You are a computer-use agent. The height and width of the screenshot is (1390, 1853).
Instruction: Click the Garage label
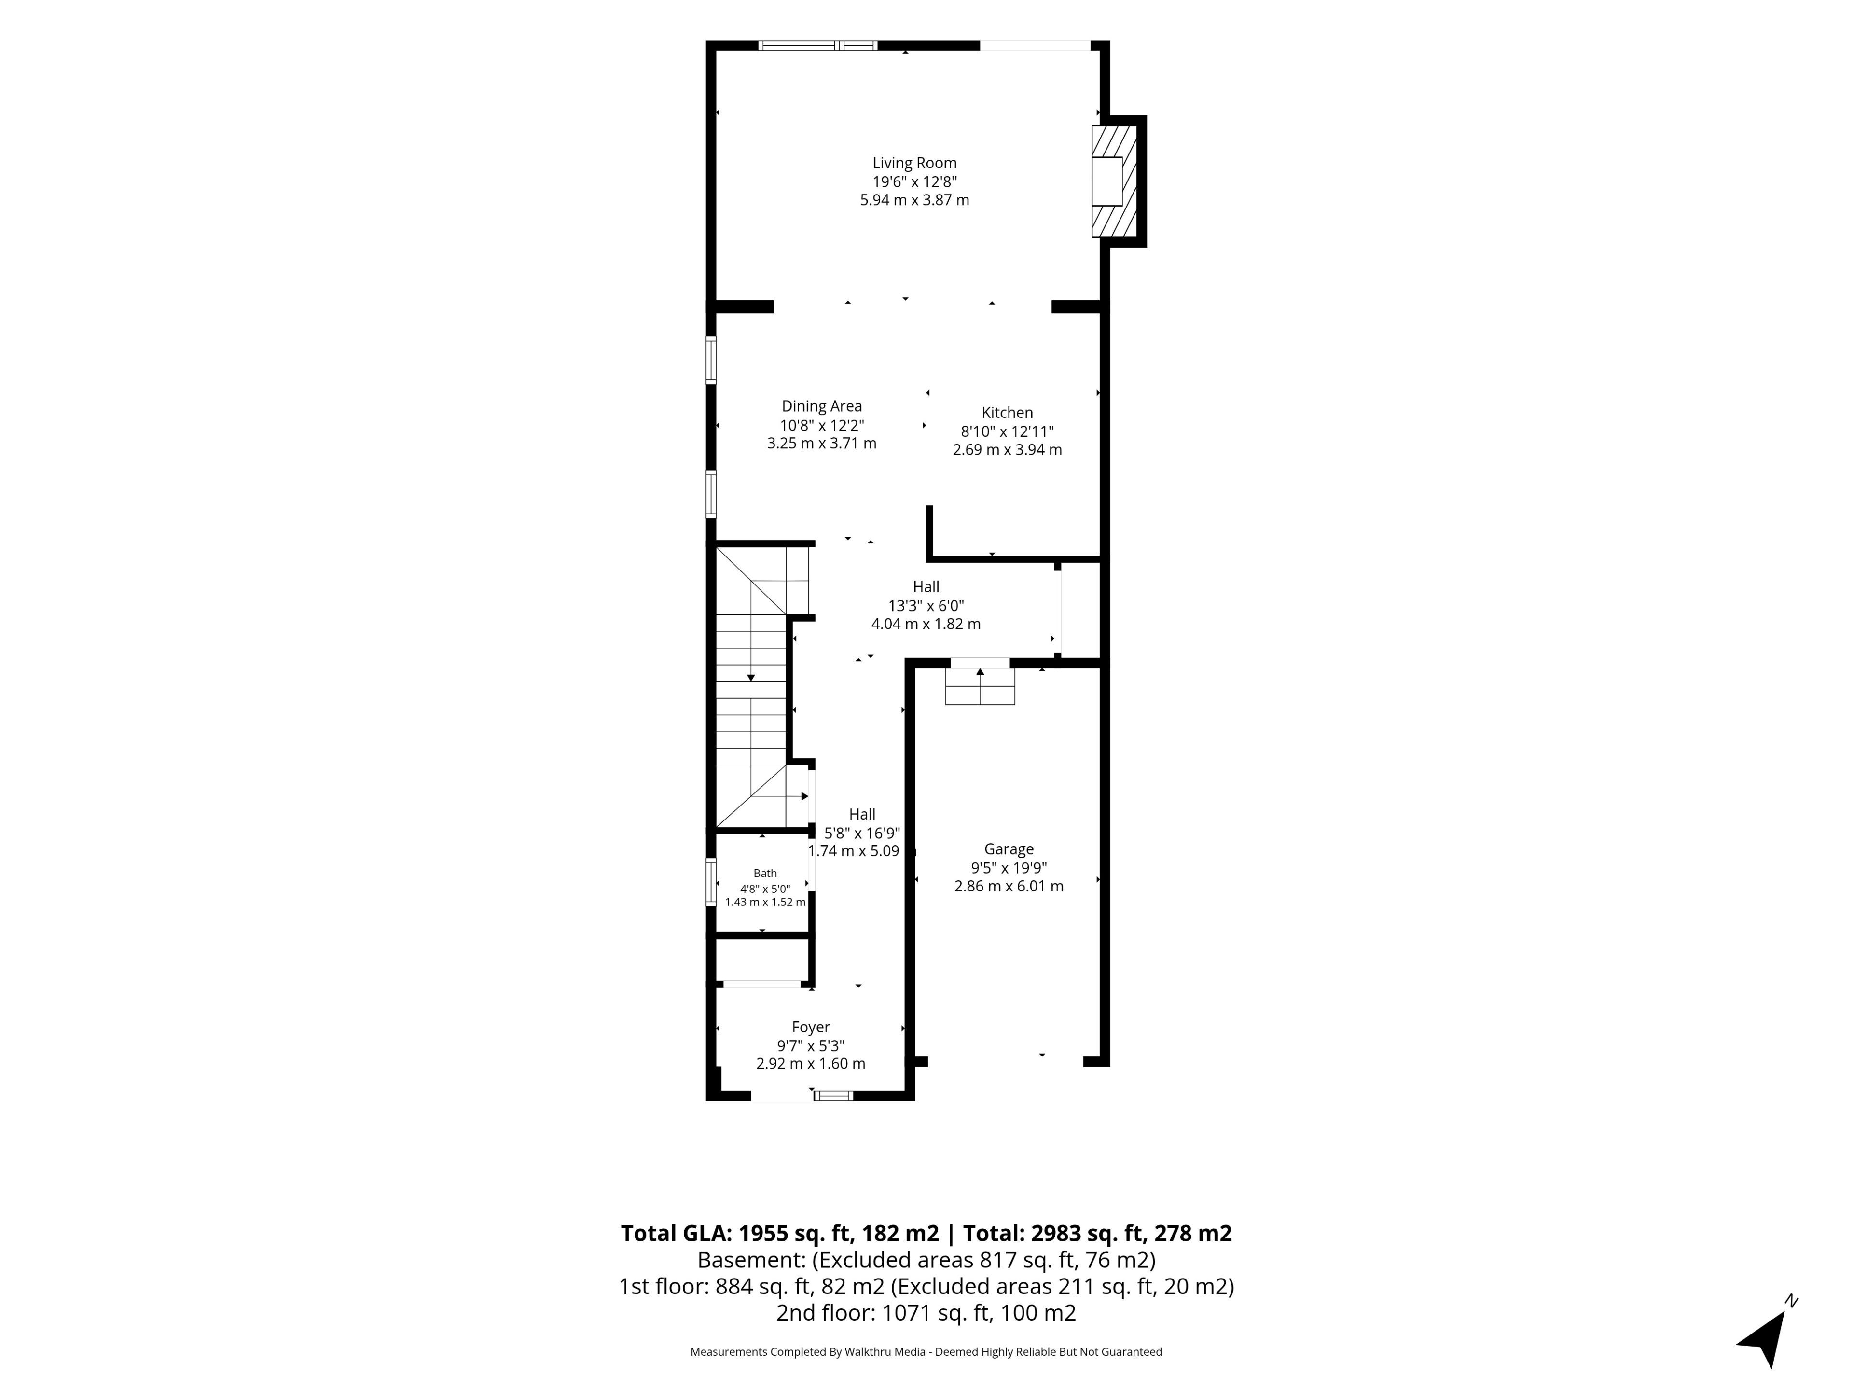[x=1009, y=849]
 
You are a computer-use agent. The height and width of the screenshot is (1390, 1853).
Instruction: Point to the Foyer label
[x=811, y=1027]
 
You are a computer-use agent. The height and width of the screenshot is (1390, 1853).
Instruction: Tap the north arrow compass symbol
[x=1766, y=1334]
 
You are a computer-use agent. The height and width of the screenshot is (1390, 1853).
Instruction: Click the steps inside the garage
[x=980, y=686]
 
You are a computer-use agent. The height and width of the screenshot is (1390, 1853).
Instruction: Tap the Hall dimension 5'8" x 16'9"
[x=862, y=833]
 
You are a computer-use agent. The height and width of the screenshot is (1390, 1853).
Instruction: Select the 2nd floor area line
[x=926, y=1313]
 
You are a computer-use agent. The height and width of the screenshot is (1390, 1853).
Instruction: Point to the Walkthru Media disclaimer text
[x=926, y=1351]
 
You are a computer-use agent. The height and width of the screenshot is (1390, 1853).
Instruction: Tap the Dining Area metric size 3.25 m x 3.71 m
[x=822, y=443]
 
